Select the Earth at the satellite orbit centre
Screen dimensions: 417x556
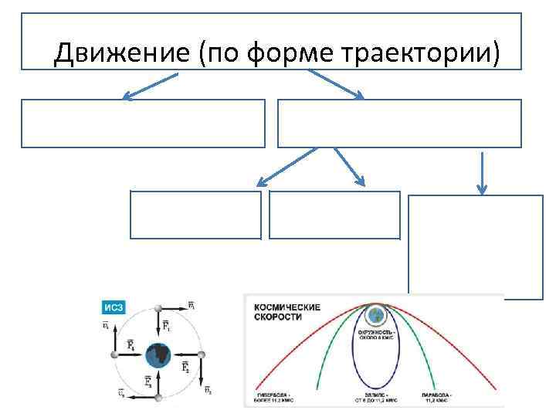(161, 354)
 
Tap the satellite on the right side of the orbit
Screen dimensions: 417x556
(203, 354)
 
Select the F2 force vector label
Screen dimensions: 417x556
(185, 368)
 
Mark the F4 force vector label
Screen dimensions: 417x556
(131, 344)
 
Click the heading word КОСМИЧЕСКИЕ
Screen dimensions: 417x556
(286, 307)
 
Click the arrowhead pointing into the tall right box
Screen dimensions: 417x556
(482, 189)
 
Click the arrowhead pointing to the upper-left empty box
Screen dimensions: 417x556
(127, 97)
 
